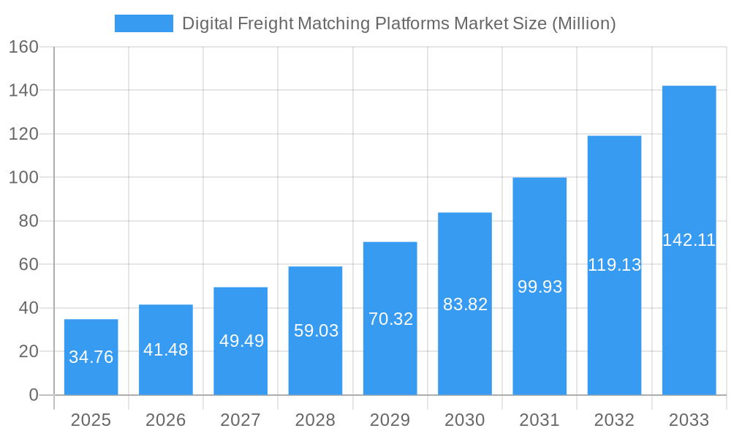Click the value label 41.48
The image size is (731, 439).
166,350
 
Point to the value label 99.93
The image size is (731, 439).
539,287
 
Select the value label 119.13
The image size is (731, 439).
614,265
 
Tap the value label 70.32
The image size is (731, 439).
390,319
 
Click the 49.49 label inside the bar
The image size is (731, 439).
240,341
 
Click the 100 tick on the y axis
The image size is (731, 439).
23,177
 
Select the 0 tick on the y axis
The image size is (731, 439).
33,395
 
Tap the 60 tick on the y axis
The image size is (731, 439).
28,264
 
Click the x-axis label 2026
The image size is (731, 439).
166,420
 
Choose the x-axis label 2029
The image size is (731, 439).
390,420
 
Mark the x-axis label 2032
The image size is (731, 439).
614,420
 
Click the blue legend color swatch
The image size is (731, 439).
144,23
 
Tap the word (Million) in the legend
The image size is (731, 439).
583,23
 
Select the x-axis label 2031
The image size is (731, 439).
539,420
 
